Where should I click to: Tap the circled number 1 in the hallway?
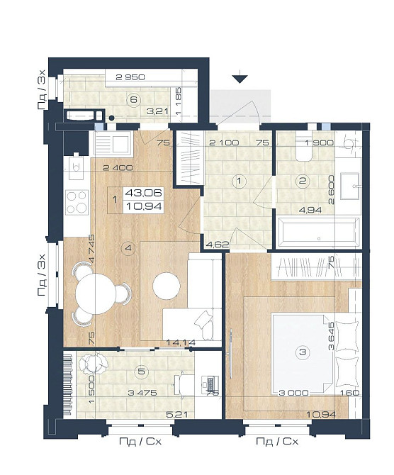(240, 181)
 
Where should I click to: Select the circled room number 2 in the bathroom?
(303, 181)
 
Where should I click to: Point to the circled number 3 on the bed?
(303, 352)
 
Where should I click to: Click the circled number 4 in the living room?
(128, 248)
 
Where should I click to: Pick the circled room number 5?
(142, 371)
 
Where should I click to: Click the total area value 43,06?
(144, 193)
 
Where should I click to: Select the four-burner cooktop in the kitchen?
(77, 202)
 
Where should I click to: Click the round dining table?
(96, 294)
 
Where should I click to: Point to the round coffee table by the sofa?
(167, 286)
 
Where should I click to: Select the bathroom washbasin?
(350, 186)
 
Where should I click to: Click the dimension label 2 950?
(130, 77)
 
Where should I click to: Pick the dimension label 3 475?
(142, 393)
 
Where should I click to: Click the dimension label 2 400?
(118, 167)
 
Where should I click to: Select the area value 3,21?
(157, 111)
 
